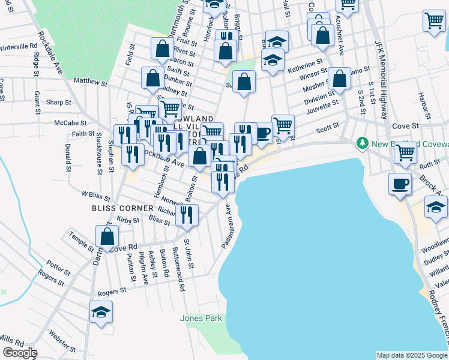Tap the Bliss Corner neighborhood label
coord(119,208)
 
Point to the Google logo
coord(20,353)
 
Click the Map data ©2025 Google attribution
coord(411,355)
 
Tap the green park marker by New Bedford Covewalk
coord(362,143)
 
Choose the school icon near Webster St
coord(101,311)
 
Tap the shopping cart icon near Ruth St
coord(405,152)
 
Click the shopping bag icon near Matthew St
coord(153,77)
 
